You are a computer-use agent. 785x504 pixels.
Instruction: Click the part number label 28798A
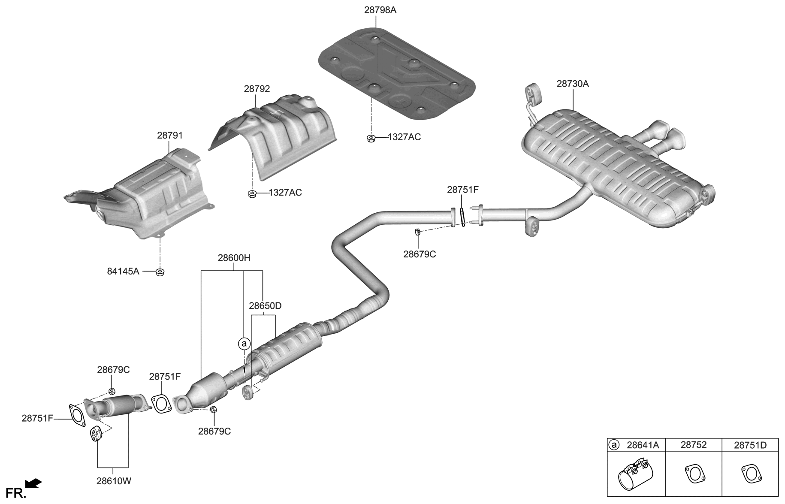pyautogui.click(x=380, y=9)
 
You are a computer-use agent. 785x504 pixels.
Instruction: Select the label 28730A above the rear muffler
pyautogui.click(x=572, y=84)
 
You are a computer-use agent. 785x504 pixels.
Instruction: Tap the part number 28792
pyautogui.click(x=257, y=89)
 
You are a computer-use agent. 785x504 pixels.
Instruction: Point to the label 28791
pyautogui.click(x=170, y=136)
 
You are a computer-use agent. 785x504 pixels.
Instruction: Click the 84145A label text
pyautogui.click(x=123, y=271)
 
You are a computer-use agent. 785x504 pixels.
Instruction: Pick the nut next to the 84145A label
pyautogui.click(x=160, y=272)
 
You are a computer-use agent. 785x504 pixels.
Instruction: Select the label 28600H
pyautogui.click(x=234, y=258)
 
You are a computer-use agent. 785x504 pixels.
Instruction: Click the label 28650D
pyautogui.click(x=265, y=306)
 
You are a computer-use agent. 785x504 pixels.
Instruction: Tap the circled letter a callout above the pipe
pyautogui.click(x=244, y=344)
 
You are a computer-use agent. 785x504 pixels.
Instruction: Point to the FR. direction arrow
pyautogui.click(x=33, y=483)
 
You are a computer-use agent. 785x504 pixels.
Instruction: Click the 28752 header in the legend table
pyautogui.click(x=693, y=445)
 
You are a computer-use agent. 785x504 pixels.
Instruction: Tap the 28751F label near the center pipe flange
pyautogui.click(x=462, y=189)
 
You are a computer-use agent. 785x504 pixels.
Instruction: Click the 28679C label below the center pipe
pyautogui.click(x=419, y=254)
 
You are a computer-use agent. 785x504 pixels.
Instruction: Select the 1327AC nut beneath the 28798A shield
pyautogui.click(x=371, y=138)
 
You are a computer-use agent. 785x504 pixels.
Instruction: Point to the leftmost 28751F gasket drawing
pyautogui.click(x=76, y=415)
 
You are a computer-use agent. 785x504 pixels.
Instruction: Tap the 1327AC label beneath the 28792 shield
pyautogui.click(x=285, y=193)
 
